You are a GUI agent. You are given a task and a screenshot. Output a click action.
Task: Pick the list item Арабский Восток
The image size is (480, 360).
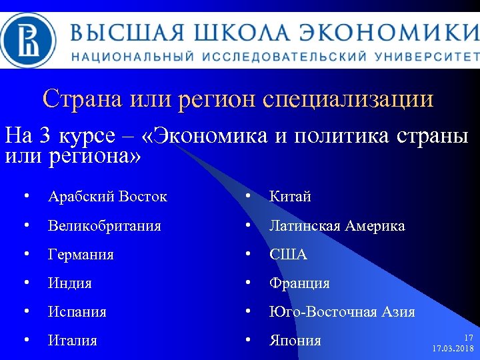click(107, 197)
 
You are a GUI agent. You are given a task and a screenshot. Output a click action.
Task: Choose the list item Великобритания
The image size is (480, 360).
click(105, 226)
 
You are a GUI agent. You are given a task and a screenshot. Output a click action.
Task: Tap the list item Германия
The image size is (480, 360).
click(81, 255)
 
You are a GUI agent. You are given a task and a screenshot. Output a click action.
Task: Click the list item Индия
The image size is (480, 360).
click(70, 283)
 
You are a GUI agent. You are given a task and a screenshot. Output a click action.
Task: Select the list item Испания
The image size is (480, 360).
click(77, 312)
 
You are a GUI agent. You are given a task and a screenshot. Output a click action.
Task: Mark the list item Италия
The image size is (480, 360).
click(73, 341)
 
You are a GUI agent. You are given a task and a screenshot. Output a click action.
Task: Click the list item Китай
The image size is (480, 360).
click(290, 197)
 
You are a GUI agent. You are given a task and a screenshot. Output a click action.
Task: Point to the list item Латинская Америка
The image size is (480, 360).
click(337, 226)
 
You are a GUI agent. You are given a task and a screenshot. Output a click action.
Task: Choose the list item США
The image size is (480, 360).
click(288, 255)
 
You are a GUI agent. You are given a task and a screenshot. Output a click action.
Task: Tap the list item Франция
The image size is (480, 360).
click(299, 283)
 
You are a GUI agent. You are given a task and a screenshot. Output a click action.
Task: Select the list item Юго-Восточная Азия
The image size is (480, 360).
click(342, 312)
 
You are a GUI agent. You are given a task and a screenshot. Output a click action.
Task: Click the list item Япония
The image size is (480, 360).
click(295, 341)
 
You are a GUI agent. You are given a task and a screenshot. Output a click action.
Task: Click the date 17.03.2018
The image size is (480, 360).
click(453, 349)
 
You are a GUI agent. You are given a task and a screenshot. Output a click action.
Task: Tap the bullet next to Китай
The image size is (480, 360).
click(247, 197)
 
